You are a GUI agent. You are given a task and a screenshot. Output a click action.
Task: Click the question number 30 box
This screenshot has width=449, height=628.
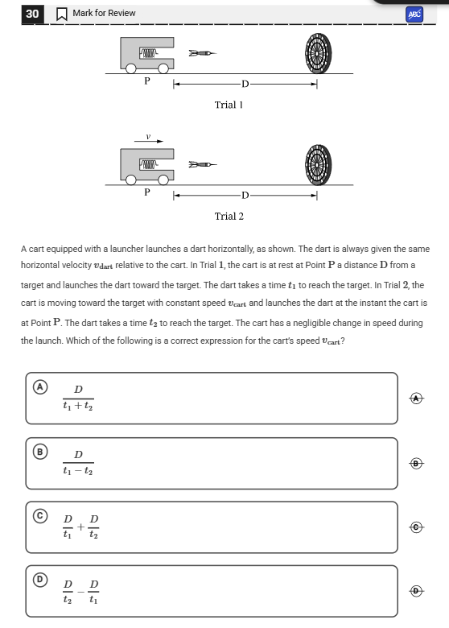coord(32,14)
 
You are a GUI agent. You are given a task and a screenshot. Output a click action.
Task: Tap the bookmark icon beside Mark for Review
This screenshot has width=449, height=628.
coord(62,14)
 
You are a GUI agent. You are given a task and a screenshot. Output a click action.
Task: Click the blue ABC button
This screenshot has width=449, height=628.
coord(414,14)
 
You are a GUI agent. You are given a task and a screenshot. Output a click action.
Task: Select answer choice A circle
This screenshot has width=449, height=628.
coord(40,387)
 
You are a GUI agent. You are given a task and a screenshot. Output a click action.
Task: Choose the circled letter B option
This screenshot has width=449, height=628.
coord(40,452)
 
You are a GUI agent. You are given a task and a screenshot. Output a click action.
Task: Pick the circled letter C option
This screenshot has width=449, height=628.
coord(40,515)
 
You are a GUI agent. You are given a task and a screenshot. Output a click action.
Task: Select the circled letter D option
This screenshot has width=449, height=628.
coord(40,580)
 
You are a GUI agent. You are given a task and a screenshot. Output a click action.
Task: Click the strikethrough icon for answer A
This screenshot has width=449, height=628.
coord(417,398)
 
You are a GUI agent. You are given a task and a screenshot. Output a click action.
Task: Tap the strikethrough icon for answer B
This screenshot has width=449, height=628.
coord(417,464)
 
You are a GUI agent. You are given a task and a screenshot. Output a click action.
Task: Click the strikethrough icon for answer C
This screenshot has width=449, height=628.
coord(417,527)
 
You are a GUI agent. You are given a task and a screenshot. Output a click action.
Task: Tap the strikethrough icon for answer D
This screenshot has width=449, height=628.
coord(417,590)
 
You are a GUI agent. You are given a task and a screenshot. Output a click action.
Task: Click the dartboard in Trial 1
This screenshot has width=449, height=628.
coord(318,53)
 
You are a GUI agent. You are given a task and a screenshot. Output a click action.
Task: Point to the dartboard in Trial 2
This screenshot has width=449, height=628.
coord(318,164)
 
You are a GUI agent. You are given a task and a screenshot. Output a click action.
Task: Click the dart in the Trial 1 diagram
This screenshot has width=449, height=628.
coord(203,53)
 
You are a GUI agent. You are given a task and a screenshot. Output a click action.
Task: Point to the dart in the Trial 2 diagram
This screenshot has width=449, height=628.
coord(203,164)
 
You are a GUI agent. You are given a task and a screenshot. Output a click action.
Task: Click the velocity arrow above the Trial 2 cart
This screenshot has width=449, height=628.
coord(149,141)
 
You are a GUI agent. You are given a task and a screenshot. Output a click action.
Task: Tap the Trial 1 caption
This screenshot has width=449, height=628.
coord(229,105)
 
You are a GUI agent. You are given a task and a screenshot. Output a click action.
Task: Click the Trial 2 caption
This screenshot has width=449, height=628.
coord(229,217)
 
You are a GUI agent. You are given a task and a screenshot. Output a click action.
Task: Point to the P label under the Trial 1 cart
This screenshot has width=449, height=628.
coord(147,81)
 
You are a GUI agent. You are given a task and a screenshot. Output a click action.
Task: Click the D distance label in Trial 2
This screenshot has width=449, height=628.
coord(245,196)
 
